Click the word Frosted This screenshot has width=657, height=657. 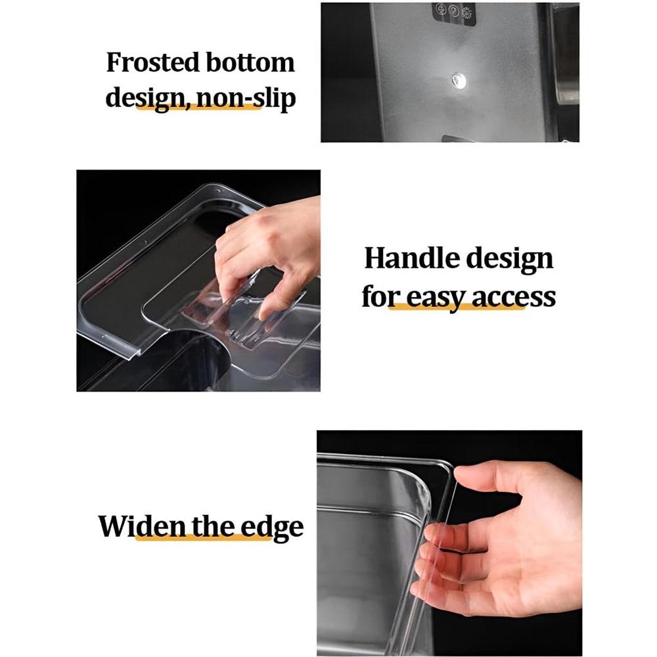click(153, 62)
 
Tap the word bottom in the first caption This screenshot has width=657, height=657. click(250, 62)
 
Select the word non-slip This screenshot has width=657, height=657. click(246, 99)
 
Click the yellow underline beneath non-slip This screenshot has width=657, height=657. click(198, 107)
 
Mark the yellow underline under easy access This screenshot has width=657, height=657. click(457, 306)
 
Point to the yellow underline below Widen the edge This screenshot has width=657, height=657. click(204, 537)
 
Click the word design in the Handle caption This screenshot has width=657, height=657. click(510, 260)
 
